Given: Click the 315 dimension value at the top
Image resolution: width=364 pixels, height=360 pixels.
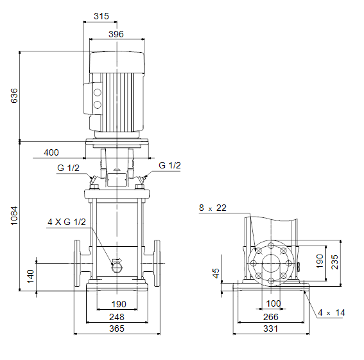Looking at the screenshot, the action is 101,16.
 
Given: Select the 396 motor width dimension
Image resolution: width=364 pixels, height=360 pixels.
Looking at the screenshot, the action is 116,34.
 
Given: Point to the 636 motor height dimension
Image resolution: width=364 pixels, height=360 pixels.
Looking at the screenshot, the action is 14,96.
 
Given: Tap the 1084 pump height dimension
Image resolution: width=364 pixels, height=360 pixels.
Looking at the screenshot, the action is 14,215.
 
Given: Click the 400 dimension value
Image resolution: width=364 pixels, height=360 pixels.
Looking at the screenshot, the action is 51,152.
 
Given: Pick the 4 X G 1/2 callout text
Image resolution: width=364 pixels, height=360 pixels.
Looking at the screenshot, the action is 67,222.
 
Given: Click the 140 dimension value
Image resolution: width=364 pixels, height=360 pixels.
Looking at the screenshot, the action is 30,276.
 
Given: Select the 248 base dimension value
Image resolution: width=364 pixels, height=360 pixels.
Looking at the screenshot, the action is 117,317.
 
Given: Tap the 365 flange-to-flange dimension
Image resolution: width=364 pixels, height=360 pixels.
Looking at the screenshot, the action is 117,328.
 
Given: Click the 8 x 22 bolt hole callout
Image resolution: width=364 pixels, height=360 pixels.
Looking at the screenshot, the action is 212,208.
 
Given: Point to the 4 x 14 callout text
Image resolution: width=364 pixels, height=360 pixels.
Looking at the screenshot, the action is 331,312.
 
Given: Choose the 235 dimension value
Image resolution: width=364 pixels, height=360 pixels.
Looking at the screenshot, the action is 334,262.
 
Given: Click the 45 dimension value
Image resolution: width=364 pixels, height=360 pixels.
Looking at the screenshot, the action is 216,273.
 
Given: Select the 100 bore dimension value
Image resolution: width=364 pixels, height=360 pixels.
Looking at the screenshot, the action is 273,303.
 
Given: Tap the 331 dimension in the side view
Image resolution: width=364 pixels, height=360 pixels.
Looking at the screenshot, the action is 271,328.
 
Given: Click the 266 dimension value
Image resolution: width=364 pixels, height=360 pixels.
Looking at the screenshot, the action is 271,317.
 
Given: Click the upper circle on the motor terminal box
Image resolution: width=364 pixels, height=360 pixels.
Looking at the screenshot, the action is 98,93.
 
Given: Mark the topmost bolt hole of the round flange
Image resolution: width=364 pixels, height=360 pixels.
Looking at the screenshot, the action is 271,246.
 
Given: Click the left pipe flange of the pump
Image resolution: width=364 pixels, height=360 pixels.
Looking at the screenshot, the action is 77,263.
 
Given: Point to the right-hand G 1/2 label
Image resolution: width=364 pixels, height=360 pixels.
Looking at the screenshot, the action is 169,165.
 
